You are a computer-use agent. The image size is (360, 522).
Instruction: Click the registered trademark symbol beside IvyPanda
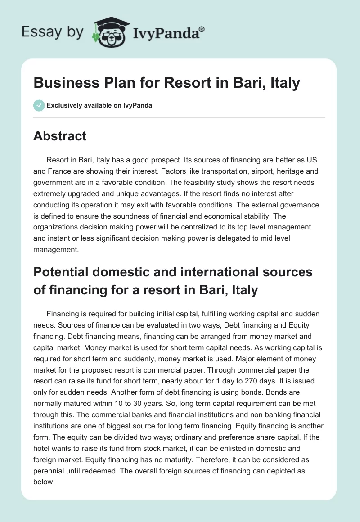[x=202, y=29]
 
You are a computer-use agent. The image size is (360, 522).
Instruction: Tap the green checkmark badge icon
[x=39, y=105]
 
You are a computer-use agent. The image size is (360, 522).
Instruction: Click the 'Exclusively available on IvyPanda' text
[x=99, y=106]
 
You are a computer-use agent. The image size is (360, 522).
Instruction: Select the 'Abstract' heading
[x=60, y=136]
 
